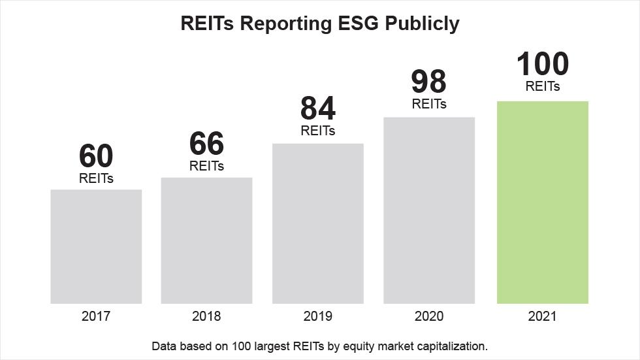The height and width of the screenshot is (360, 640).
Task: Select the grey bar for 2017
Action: pos(96,246)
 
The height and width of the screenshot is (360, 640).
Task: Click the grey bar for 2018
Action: pos(206,240)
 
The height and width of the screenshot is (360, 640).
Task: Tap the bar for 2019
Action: pos(317,223)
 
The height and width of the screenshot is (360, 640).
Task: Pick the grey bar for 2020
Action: pos(428,210)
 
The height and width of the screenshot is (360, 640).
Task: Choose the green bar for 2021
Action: pos(542,203)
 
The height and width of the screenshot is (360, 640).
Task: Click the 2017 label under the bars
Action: pos(96,316)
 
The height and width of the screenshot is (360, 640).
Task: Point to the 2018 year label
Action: pos(206,316)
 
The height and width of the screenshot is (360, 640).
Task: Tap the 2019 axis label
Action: pos(317,316)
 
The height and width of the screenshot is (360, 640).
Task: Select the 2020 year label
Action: pos(428,316)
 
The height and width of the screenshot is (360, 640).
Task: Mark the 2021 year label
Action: pos(542,316)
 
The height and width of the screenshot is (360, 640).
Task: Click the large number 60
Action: pos(96,156)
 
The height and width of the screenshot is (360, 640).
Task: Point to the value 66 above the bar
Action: pos(206,144)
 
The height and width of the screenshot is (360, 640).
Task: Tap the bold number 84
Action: pos(317,108)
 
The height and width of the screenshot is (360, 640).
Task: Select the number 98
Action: pos(428,82)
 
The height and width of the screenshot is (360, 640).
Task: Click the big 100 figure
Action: pos(542,64)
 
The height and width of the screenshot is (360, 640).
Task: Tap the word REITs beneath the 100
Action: pos(542,86)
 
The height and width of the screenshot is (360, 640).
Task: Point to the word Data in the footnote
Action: pos(163,345)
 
